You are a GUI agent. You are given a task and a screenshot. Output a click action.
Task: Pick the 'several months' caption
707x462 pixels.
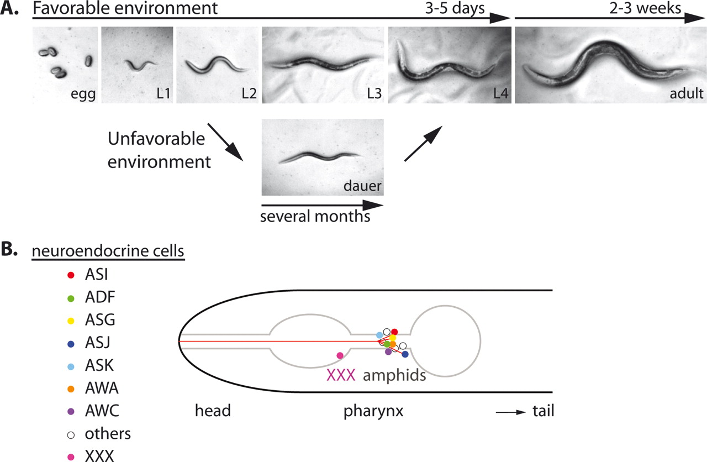point(315,216)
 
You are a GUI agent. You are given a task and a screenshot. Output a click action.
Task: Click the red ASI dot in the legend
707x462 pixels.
point(70,275)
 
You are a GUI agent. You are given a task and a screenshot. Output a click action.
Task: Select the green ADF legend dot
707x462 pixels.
point(70,298)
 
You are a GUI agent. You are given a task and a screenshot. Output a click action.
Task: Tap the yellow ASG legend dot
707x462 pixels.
point(70,321)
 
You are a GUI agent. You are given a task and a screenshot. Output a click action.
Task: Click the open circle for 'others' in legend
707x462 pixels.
point(70,434)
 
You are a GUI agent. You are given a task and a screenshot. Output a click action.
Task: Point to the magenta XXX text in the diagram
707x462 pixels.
point(341,375)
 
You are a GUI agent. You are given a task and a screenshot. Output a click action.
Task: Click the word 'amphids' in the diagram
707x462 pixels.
point(394,376)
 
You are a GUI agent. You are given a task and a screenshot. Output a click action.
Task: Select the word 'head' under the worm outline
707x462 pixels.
point(212,412)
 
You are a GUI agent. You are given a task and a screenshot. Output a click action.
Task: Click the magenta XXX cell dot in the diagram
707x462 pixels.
point(340,355)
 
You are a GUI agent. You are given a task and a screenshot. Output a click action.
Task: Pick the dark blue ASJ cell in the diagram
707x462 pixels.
point(405,354)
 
